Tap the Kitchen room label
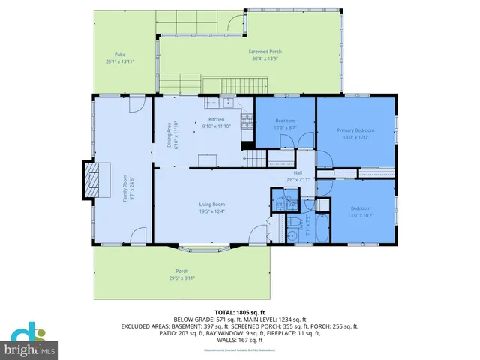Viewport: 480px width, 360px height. point(217,120)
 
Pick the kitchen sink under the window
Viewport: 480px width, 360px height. point(226,103)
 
